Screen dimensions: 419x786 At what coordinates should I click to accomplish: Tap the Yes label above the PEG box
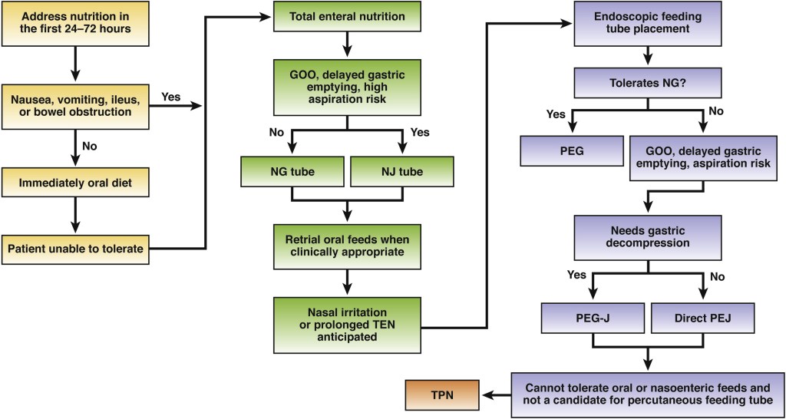(x=555, y=114)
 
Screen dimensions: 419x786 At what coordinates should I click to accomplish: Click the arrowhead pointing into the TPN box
(x=486, y=394)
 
